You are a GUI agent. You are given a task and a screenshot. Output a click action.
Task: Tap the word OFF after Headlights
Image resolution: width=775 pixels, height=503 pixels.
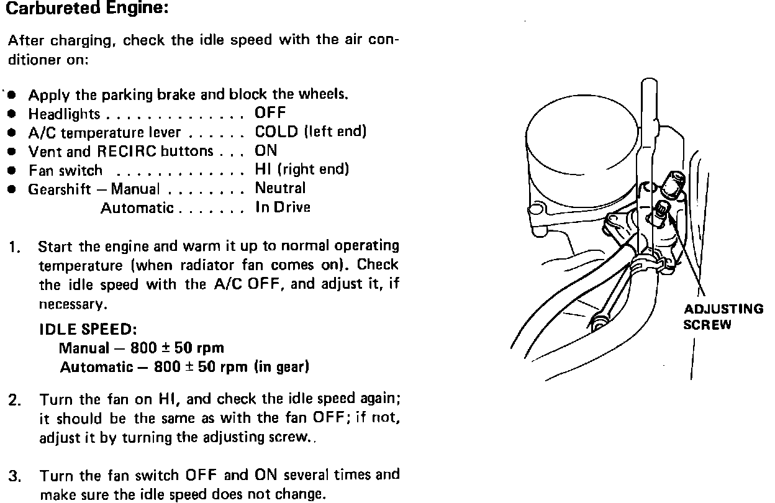tap(270, 114)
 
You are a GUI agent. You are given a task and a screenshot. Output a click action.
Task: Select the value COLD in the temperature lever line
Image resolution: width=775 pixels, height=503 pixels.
tap(276, 132)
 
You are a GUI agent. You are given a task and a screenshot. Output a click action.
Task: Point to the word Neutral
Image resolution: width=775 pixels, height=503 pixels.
tap(280, 188)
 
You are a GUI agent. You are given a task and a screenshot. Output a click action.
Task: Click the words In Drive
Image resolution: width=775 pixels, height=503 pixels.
tap(283, 207)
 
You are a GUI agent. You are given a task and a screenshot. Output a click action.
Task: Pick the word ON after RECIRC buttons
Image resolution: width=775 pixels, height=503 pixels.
tap(266, 151)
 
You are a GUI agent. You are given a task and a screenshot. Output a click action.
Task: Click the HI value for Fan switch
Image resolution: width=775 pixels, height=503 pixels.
tap(262, 170)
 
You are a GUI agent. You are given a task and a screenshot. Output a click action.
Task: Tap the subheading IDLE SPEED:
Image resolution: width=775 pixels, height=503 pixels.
tap(88, 329)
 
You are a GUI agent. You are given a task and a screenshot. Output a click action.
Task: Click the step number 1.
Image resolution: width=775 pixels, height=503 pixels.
tap(14, 247)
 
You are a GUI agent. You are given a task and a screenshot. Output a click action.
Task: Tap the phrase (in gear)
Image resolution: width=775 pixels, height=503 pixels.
tap(281, 366)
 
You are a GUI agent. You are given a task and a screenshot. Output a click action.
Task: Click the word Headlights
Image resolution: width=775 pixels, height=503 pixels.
tap(64, 114)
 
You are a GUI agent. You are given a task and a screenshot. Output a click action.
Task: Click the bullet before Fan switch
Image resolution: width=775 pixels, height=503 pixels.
tap(11, 170)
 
